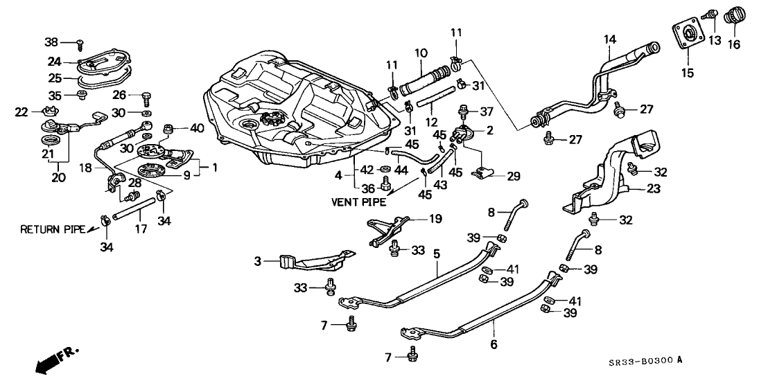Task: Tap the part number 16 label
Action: point(733,45)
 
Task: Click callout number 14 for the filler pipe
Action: point(609,40)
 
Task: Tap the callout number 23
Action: point(654,188)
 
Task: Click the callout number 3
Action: point(257,261)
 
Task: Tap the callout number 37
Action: point(487,112)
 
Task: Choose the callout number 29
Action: point(512,177)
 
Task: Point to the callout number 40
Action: point(197,127)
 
